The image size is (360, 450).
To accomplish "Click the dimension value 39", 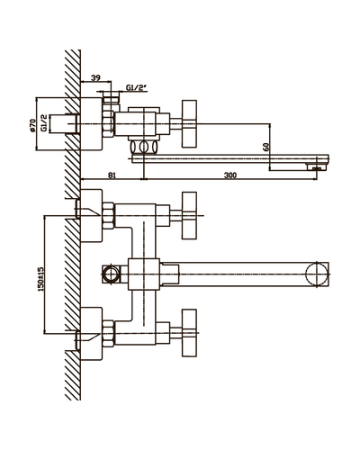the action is tap(95, 78).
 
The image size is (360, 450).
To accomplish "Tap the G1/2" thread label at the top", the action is tap(136, 88).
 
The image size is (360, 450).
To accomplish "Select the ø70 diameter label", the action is tap(32, 125).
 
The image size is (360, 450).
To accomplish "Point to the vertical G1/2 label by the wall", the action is tap(44, 123).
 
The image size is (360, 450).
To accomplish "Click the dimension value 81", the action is tap(112, 175).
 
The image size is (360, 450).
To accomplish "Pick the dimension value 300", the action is tap(230, 175).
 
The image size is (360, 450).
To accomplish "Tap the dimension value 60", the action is tap(265, 147).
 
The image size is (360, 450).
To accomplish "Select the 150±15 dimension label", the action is tap(40, 279).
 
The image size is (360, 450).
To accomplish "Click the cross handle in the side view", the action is tap(189, 123).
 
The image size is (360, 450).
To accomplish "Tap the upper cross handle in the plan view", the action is tap(189, 215).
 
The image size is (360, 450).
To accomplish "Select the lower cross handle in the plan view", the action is tap(189, 333).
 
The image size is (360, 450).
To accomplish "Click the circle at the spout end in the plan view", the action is tap(316, 274).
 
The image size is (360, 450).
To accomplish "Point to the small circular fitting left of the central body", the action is tap(111, 274).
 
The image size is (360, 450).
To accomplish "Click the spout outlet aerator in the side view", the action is tap(317, 166).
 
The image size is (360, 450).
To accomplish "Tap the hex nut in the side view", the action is tap(108, 123).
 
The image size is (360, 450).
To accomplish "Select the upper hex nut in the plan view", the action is tap(108, 216).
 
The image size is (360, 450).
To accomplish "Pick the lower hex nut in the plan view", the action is tap(108, 333).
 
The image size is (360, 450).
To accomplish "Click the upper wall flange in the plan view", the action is tap(92, 215).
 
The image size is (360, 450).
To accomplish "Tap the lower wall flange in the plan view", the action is tap(92, 333).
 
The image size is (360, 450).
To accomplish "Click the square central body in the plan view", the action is tap(144, 274).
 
